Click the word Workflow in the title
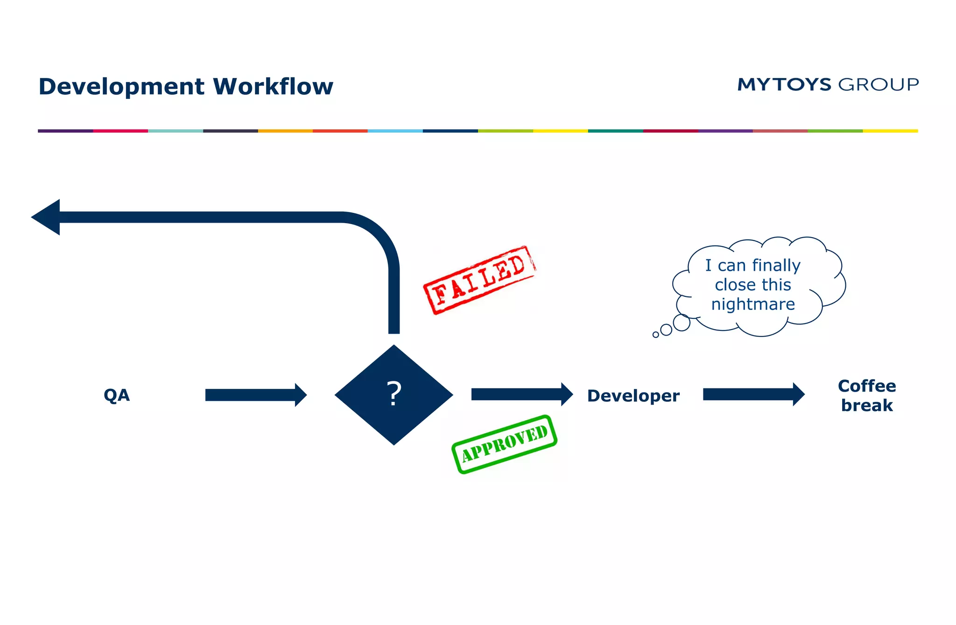(273, 87)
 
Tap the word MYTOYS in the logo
(784, 84)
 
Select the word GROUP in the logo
(879, 84)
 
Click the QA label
(117, 395)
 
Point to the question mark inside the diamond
(394, 394)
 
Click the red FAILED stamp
(479, 280)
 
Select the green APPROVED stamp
(504, 444)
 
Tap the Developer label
(633, 396)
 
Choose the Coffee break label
(867, 396)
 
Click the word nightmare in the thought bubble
(753, 304)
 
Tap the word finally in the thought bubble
(776, 265)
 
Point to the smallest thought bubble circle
(656, 335)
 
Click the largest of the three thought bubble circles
(682, 323)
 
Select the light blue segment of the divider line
(395, 131)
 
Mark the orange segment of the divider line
(285, 131)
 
